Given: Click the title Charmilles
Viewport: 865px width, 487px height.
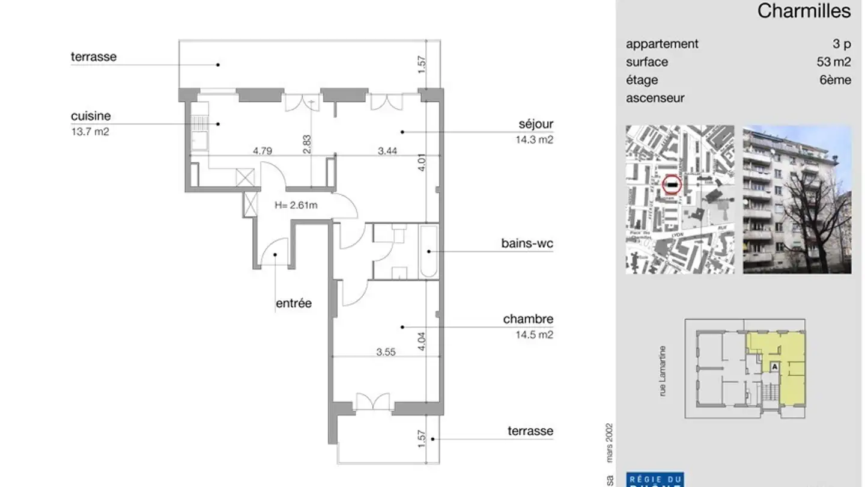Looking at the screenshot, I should coord(804,11).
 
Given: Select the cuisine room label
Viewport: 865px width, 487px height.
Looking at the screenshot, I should coord(91,117).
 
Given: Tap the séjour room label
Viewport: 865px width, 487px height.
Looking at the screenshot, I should coord(535,124).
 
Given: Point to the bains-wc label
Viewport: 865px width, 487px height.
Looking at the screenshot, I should coord(527,243).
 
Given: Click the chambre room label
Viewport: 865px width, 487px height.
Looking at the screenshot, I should coord(528,319).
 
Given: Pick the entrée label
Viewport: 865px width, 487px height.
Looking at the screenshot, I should coord(294,304).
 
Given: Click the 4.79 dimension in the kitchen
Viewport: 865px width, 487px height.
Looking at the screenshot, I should coord(263,151).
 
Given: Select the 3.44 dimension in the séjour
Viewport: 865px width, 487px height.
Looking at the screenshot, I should coord(387,151).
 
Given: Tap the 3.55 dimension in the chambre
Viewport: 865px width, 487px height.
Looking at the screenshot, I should coord(386,353).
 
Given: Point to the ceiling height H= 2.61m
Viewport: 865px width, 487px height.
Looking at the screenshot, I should coord(296,205).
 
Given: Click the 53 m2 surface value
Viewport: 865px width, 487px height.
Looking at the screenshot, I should coord(833,62).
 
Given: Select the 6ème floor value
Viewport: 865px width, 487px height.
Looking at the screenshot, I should coord(835,80).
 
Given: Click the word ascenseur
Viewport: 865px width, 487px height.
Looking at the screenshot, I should coord(655,98).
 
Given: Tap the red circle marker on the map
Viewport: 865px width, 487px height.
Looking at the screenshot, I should coord(672,185).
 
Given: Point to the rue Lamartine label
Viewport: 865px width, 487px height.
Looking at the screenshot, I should coord(663,370).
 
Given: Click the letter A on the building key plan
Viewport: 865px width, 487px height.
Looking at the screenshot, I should coord(774,366).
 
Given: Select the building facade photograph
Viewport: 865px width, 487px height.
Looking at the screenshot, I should coord(797,200).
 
